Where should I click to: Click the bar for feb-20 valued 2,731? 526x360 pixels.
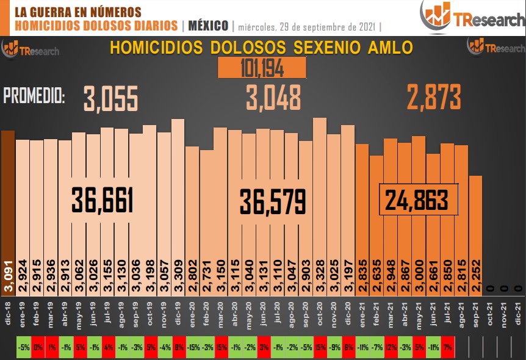coord(206,201)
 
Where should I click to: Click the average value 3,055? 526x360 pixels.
coord(111,98)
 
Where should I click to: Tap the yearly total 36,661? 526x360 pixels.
coord(103,201)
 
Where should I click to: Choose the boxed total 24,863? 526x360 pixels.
coord(418,200)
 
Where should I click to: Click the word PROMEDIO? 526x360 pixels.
coord(34,95)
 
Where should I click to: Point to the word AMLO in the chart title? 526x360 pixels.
coord(387,48)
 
